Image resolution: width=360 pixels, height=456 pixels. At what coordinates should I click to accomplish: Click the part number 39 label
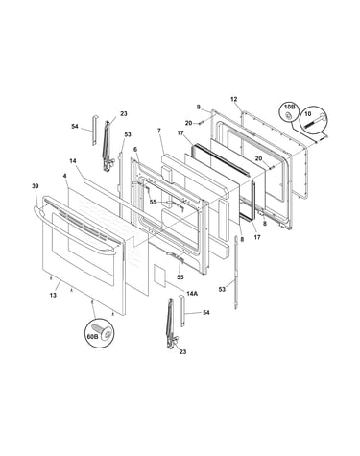36,186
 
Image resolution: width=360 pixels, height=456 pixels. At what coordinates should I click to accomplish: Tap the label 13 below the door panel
53,295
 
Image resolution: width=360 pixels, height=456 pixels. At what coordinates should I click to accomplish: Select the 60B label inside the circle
92,336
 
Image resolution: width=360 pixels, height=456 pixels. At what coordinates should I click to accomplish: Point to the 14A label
192,293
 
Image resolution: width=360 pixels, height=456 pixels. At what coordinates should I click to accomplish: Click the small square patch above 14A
159,274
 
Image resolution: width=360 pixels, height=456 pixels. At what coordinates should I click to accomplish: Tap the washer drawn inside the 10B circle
288,115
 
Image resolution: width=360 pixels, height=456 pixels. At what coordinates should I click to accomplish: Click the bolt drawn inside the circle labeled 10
314,121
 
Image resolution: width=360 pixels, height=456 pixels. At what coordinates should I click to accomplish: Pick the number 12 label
234,99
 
